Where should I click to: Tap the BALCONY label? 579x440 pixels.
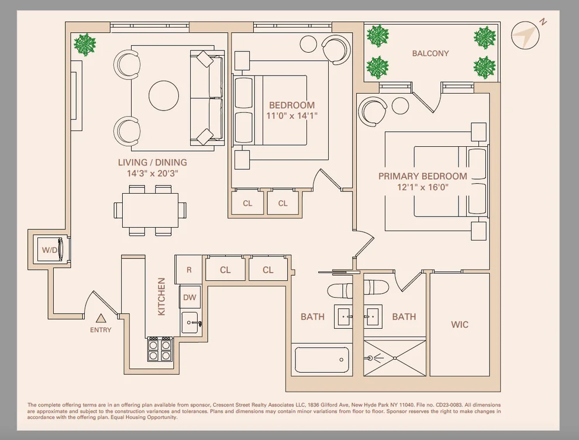(x=430, y=54)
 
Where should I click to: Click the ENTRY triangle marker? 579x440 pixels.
(x=101, y=318)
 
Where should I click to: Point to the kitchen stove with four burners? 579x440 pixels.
(x=160, y=349)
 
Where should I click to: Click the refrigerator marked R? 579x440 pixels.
(x=189, y=270)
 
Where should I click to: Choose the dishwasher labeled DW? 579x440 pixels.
(x=190, y=297)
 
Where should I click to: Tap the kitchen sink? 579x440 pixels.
(x=191, y=323)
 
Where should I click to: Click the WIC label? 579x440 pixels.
(x=460, y=325)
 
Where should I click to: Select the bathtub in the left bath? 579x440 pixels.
(x=321, y=360)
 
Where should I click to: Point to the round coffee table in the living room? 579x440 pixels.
(x=164, y=95)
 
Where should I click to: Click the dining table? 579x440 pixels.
(x=150, y=210)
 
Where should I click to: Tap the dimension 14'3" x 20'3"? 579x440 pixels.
(x=153, y=173)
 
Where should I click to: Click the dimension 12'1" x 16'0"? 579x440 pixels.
(x=423, y=187)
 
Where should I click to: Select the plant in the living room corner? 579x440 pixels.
(x=85, y=44)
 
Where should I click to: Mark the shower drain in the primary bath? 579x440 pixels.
(x=395, y=358)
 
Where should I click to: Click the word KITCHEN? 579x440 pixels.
(x=161, y=297)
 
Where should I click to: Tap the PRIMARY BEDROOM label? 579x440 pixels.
(x=423, y=176)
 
